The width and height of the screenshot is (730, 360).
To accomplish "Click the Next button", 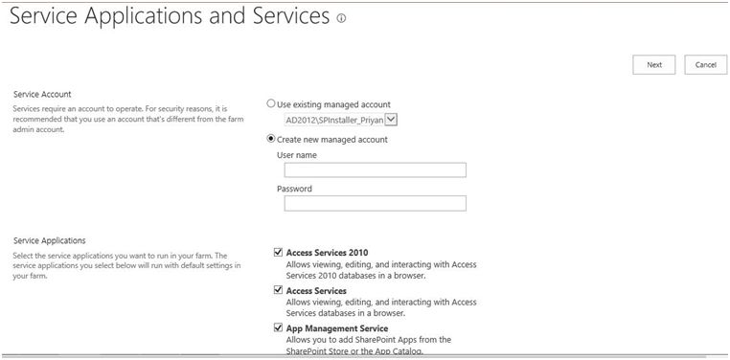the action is (x=653, y=64).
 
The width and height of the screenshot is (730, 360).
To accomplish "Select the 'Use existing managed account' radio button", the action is (x=271, y=103).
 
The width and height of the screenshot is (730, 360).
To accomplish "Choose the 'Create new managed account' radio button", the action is (x=271, y=139).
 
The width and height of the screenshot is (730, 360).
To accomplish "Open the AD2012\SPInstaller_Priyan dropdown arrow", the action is (x=391, y=120).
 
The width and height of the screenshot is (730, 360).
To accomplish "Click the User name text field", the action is (x=375, y=170).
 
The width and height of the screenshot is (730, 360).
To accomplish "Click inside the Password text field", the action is (x=375, y=203).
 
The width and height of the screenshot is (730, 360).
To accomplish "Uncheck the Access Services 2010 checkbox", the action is (x=278, y=253).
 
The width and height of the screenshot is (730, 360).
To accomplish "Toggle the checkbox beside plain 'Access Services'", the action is (x=278, y=290).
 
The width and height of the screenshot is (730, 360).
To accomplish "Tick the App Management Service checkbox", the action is (x=278, y=328).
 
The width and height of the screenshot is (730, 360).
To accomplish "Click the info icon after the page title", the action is (x=341, y=18).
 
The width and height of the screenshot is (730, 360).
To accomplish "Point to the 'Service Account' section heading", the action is (x=42, y=94).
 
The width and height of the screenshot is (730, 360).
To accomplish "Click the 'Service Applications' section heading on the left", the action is (x=49, y=240).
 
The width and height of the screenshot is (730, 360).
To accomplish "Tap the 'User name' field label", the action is (x=297, y=155).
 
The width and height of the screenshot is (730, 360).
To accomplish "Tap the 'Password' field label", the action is (x=294, y=189).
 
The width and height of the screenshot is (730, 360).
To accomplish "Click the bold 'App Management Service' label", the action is (x=336, y=328).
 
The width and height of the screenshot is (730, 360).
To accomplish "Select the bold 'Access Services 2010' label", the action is (x=327, y=253).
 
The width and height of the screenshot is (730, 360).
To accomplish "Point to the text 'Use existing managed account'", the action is (x=332, y=103).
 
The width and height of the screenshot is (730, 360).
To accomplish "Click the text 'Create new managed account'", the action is (x=331, y=139).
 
